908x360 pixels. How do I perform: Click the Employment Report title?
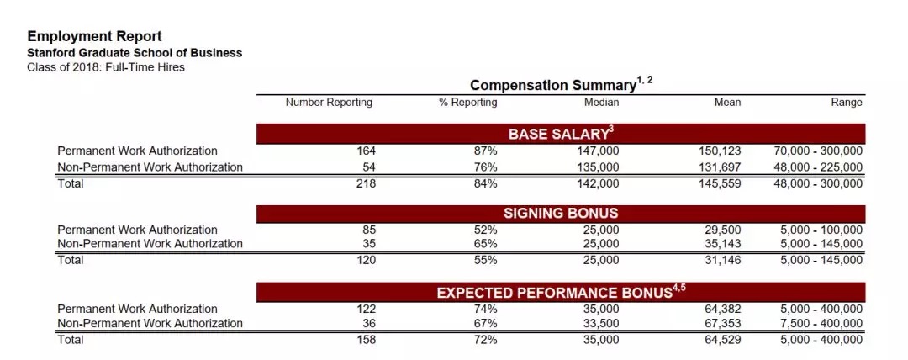[94, 36]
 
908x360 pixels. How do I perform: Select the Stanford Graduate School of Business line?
[135, 53]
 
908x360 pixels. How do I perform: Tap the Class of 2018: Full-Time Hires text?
[106, 67]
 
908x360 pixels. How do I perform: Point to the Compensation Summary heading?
[561, 84]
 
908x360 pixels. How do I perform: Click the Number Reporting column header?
[329, 103]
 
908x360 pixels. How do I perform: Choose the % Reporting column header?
[468, 103]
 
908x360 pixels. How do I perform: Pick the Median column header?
[601, 103]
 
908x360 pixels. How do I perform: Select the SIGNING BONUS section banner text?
[561, 214]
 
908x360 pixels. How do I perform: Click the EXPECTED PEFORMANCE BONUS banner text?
[561, 292]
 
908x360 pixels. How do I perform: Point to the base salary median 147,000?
[598, 151]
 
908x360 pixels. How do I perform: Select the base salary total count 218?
[366, 183]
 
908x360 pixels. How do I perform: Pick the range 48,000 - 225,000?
[818, 167]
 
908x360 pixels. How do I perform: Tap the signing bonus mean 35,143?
[723, 243]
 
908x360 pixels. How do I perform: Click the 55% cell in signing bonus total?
[485, 260]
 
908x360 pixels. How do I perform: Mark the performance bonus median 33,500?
[601, 323]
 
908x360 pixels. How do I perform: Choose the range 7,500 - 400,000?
[821, 323]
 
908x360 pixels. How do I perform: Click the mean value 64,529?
[723, 339]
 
